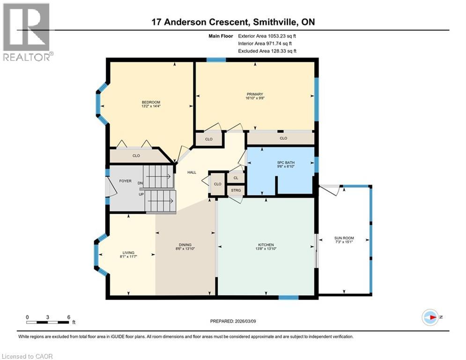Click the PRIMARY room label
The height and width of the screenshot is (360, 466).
point(255,94)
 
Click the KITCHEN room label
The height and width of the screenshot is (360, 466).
point(266,245)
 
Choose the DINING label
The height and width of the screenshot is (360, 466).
point(185,245)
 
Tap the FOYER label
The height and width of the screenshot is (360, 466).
point(125,181)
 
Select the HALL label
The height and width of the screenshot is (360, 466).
point(192,172)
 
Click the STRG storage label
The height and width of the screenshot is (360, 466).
point(236,190)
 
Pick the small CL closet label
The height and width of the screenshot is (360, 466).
point(236,178)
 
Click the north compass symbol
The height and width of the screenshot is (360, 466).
point(429,317)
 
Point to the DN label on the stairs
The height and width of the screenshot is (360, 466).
point(140,183)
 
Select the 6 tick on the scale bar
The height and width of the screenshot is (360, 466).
point(69,317)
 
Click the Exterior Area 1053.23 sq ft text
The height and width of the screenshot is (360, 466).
point(267,36)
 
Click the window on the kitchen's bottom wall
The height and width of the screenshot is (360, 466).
point(288,297)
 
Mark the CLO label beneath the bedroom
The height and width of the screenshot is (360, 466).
point(136,156)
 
